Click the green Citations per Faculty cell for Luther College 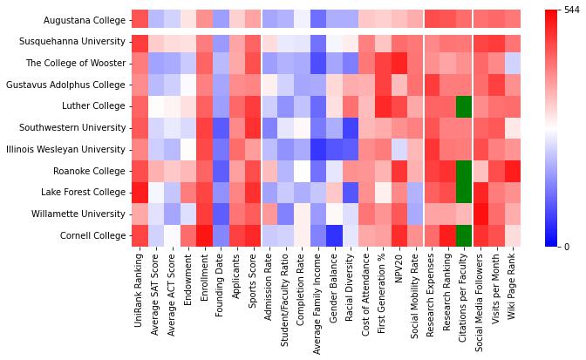(x=464, y=105)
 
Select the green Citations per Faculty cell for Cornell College (x=464, y=234)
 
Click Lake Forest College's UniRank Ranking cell (x=140, y=192)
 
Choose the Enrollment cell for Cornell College (x=204, y=234)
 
